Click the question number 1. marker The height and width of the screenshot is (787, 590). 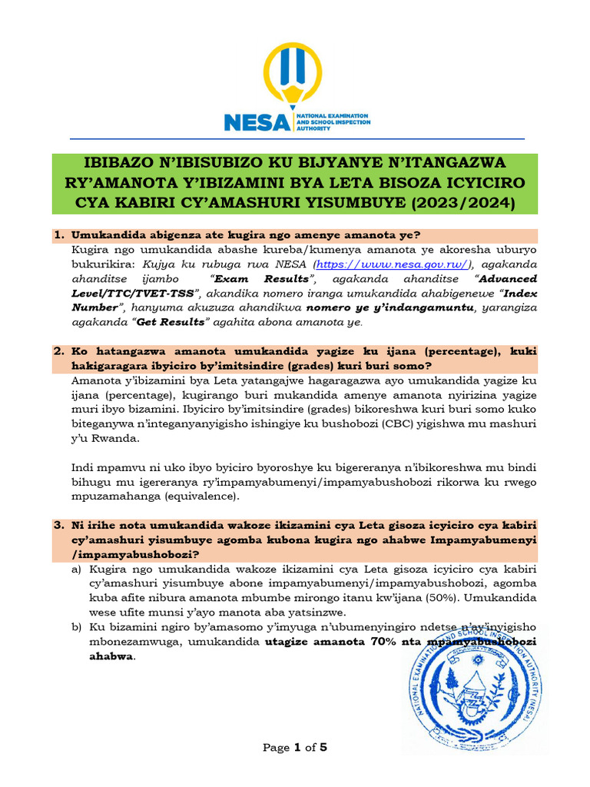58,235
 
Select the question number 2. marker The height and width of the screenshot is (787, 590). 58,351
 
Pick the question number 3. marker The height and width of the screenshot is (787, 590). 58,526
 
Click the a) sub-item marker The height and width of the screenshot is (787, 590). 76,569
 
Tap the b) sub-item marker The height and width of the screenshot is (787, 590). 76,627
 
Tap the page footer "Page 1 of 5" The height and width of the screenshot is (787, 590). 295,747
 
